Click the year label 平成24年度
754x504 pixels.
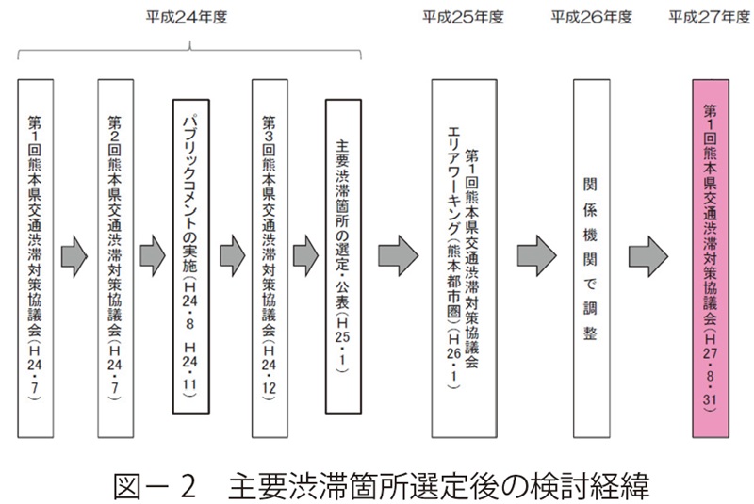190,16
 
